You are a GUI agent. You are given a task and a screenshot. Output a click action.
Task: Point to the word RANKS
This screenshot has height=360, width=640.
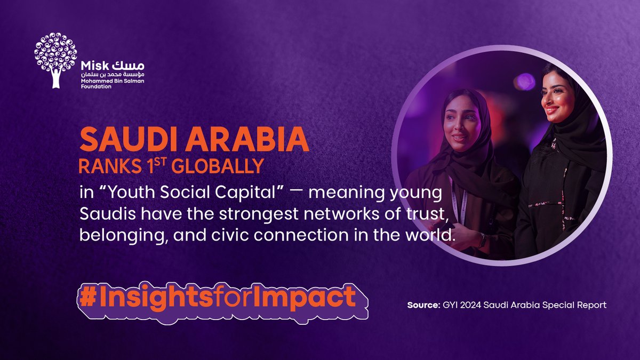102,166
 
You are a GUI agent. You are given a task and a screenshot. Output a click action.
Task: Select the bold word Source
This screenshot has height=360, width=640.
422,306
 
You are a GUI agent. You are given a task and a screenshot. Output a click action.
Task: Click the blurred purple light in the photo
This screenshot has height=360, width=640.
525,82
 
